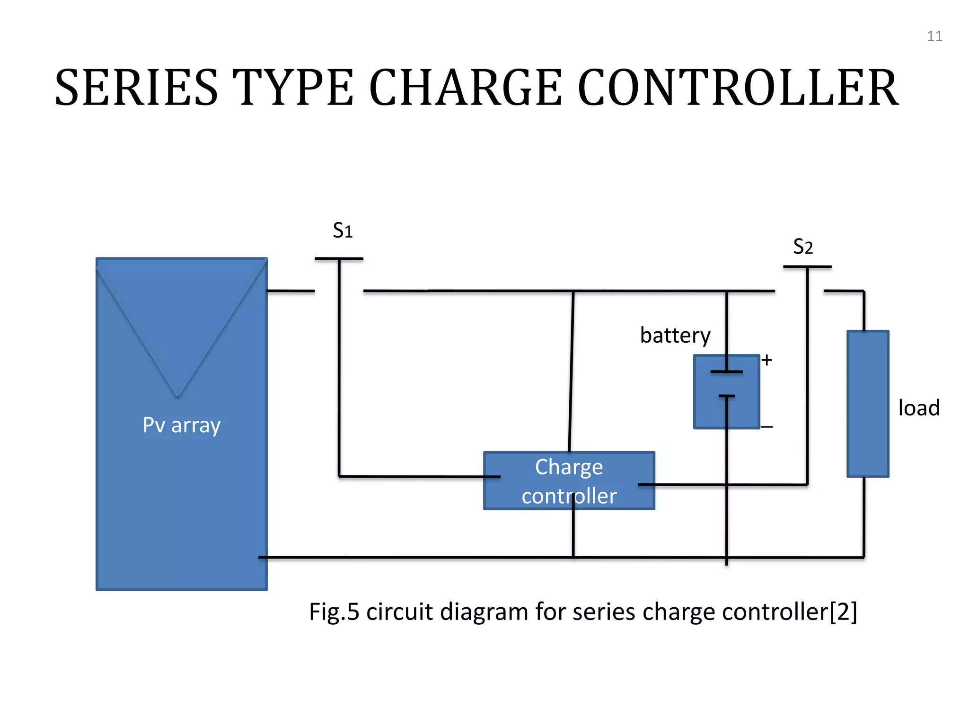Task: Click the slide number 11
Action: (934, 36)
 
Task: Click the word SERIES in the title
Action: (137, 88)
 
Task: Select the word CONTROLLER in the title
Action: (738, 88)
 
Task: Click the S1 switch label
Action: (343, 231)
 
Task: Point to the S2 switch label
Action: (803, 247)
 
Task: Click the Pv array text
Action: (182, 425)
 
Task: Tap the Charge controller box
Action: (569, 481)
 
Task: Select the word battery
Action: (675, 336)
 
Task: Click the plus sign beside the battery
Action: (767, 360)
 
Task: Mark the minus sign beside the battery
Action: (767, 427)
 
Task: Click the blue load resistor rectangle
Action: (868, 404)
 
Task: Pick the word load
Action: (918, 408)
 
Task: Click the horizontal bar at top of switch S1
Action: (339, 258)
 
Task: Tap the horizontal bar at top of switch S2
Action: (807, 267)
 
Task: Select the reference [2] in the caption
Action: (844, 612)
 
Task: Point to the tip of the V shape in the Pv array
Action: (177, 395)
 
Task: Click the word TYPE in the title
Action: (293, 88)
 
